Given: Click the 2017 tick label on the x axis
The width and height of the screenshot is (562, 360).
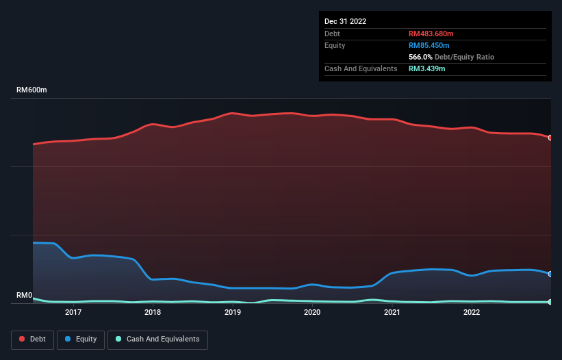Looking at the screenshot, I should point(73,312).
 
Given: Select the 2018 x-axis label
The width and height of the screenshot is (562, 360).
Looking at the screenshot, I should point(153,312).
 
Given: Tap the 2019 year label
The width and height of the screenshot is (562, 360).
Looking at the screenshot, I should point(233,312).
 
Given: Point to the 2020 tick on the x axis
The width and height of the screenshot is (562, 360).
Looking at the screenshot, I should point(312,312).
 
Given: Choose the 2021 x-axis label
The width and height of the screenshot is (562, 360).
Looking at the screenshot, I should point(392,312).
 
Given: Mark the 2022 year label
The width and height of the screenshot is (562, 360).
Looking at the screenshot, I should point(472,312).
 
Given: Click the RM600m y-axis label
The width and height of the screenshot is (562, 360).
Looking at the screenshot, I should point(31,90).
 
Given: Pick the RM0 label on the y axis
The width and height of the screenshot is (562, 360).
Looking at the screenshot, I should point(24,295).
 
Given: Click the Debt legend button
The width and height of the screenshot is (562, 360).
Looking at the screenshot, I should point(32,339).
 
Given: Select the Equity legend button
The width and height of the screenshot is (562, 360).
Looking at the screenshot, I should point(81,339).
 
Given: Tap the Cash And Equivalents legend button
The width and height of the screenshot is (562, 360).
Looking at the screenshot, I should point(157,339).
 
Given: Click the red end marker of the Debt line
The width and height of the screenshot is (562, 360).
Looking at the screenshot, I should point(550,138).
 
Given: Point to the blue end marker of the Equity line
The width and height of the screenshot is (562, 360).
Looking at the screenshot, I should point(550,274).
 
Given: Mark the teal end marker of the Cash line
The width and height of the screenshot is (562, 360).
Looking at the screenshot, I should point(550,302).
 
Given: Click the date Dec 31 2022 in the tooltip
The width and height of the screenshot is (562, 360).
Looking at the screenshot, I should point(346,21).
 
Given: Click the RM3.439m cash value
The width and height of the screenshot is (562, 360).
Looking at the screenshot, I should point(427,68).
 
